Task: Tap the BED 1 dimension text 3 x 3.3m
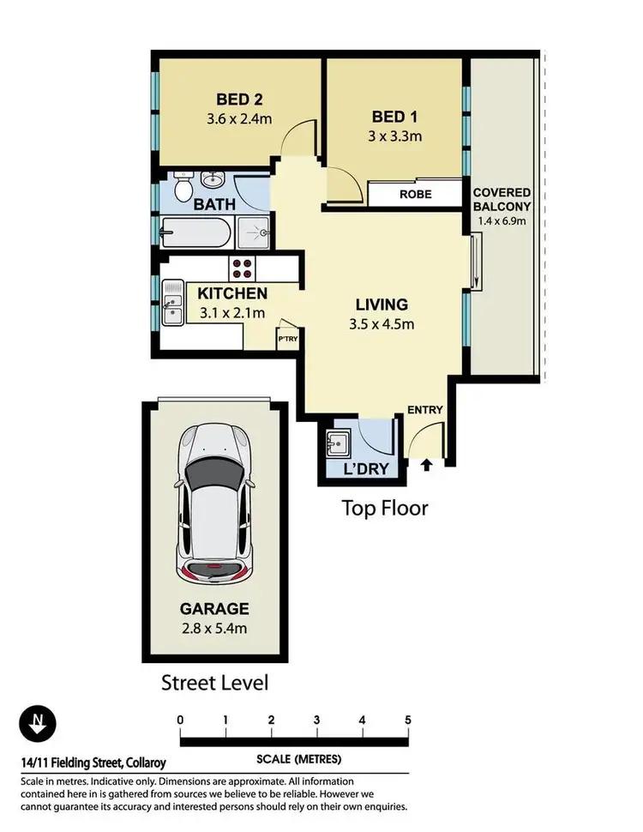[395, 136]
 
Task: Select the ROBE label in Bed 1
[416, 195]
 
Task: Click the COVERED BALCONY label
[502, 200]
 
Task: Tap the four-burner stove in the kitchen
[243, 268]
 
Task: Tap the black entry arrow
[426, 466]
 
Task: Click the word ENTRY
[425, 410]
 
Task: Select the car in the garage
[214, 503]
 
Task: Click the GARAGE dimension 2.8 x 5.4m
[214, 629]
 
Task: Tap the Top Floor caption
[385, 508]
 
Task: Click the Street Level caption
[214, 683]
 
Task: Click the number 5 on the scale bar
[408, 720]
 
